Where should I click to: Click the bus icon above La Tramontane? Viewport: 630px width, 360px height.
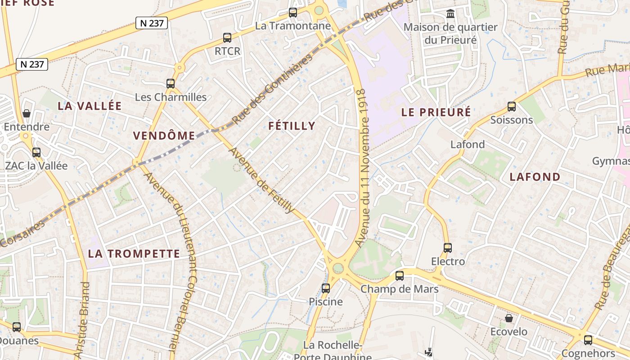[x=293, y=13]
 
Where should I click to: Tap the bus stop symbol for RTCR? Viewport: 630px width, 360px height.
[x=227, y=38]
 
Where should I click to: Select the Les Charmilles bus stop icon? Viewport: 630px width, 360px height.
[x=171, y=83]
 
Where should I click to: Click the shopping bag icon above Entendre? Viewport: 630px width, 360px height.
[x=27, y=113]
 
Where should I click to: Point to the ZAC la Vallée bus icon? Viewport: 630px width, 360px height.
[x=36, y=153]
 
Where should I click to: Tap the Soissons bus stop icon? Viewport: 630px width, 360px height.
[x=512, y=107]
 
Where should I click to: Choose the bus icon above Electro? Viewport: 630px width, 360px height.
[x=448, y=248]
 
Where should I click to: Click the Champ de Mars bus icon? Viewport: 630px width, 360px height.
[x=400, y=276]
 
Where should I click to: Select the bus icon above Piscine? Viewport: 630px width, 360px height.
[x=326, y=288]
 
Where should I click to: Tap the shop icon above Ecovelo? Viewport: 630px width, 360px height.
[x=509, y=318]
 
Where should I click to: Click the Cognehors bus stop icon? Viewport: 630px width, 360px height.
[x=588, y=340]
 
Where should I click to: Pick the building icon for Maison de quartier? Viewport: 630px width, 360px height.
[x=450, y=13]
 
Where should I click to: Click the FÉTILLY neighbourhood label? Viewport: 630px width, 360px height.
[x=292, y=126]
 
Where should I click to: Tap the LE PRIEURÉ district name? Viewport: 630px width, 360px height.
[x=436, y=112]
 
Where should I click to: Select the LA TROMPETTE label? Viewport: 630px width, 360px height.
[x=134, y=254]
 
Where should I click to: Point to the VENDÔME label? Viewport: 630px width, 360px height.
[x=164, y=135]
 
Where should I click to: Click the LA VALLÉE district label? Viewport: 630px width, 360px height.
[x=90, y=106]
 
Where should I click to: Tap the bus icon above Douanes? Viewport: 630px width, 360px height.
[x=17, y=327]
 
